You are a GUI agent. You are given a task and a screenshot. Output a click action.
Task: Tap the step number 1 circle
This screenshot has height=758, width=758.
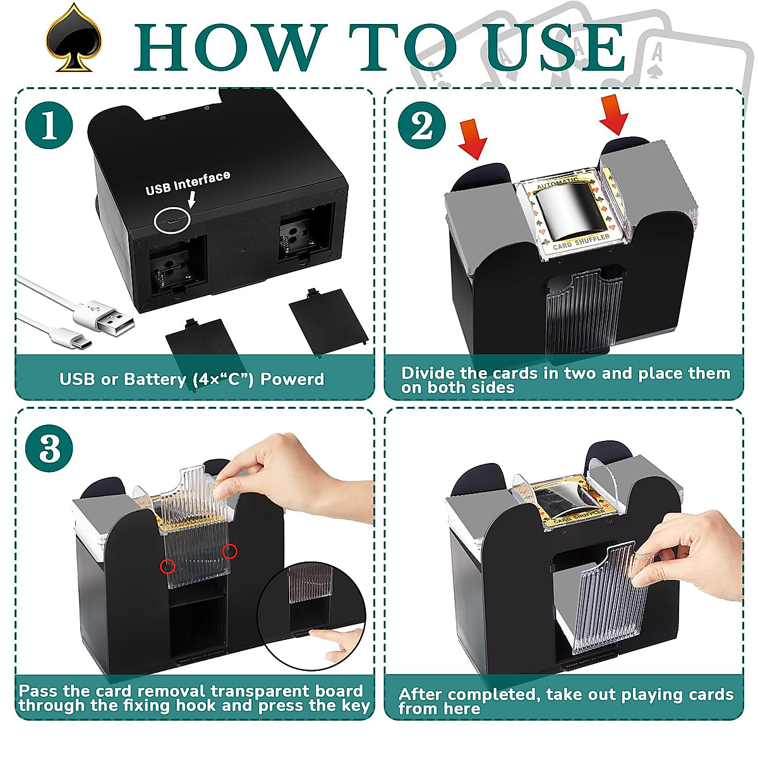(49, 124)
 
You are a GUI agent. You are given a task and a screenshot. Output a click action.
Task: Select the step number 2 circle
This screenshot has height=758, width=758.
(422, 124)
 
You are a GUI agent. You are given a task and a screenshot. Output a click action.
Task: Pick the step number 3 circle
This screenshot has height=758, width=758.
(49, 450)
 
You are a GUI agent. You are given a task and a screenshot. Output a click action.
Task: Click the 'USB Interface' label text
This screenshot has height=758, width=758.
(188, 183)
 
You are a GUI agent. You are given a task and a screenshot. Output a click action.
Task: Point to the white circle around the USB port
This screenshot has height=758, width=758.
(172, 220)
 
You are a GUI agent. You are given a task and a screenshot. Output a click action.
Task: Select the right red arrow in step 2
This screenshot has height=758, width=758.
(614, 114)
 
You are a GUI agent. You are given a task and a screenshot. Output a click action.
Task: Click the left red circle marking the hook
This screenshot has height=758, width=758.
(167, 566)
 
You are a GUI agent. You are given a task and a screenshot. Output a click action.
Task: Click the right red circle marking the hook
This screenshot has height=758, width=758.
(231, 551)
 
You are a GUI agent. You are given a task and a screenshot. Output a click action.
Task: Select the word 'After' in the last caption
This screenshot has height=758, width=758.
(421, 694)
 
